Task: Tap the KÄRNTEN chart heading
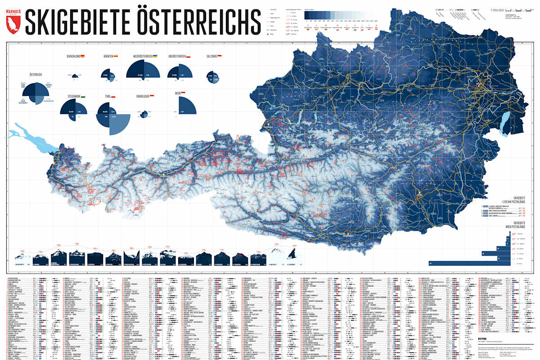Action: click(108, 56)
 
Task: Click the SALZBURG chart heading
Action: click(211, 56)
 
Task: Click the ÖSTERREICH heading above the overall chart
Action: click(36, 74)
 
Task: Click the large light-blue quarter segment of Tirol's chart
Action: click(119, 125)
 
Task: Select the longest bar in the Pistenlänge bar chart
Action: click(463, 263)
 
